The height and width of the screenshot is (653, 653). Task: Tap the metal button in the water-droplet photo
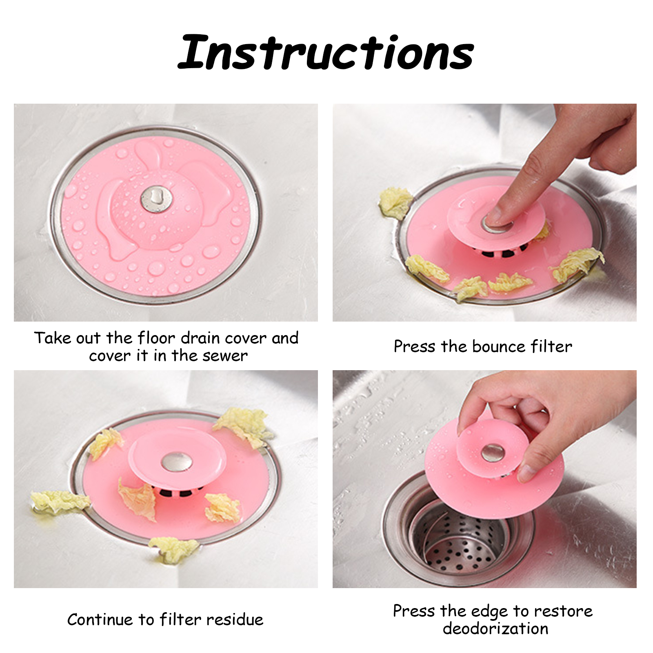click(x=156, y=199)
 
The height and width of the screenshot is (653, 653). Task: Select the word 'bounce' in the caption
click(x=498, y=346)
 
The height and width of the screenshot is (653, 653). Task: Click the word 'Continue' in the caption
click(x=100, y=620)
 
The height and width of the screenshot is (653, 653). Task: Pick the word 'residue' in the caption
click(x=234, y=620)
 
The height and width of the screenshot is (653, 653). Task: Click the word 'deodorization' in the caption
click(x=495, y=629)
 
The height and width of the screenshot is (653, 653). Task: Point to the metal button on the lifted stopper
click(x=493, y=452)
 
